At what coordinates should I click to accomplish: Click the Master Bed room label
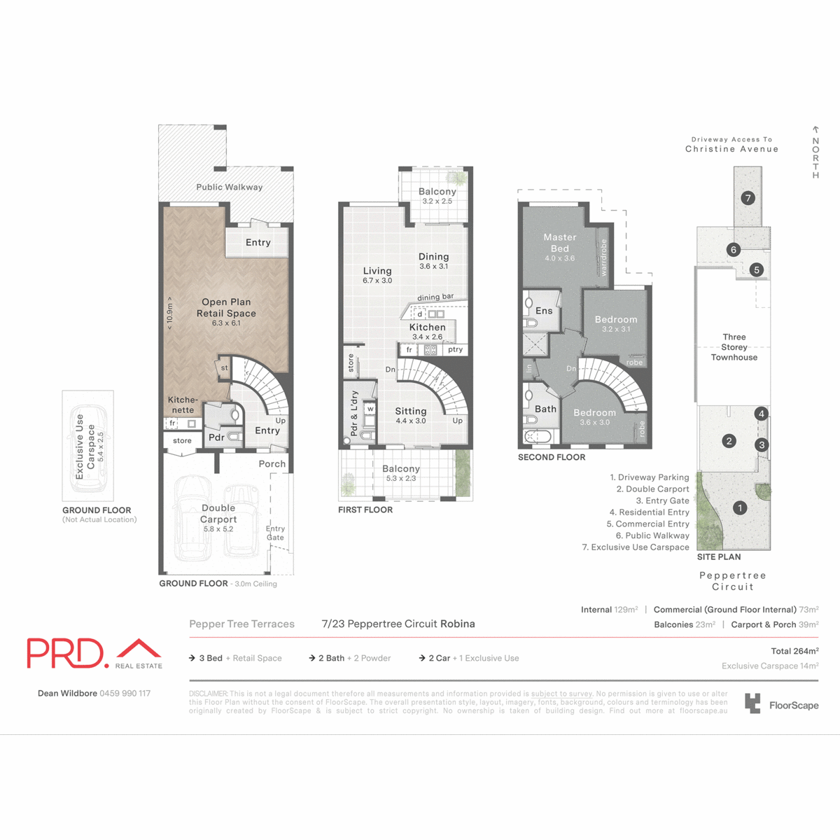pos(560,243)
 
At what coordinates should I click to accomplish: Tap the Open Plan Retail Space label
pos(226,308)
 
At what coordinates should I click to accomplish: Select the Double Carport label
pos(218,514)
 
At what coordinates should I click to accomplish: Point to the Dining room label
pos(433,257)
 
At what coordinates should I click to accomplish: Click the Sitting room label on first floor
pos(411,412)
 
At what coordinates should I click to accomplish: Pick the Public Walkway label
pos(229,187)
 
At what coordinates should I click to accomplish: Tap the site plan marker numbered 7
pos(748,198)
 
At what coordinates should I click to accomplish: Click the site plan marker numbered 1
pos(740,508)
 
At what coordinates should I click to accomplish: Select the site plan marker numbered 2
pos(729,441)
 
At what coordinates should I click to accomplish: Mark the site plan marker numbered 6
pos(734,249)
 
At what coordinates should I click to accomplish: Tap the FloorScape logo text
pos(793,706)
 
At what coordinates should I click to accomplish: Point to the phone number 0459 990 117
pos(125,694)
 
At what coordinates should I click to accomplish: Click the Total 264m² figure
pos(794,651)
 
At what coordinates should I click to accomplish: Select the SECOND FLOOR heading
pos(552,457)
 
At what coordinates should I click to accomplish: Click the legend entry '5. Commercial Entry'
pos(647,524)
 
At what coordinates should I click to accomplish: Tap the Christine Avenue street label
pos(731,149)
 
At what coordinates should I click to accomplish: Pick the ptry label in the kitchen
pos(455,349)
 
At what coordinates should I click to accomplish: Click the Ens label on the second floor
pos(544,311)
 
